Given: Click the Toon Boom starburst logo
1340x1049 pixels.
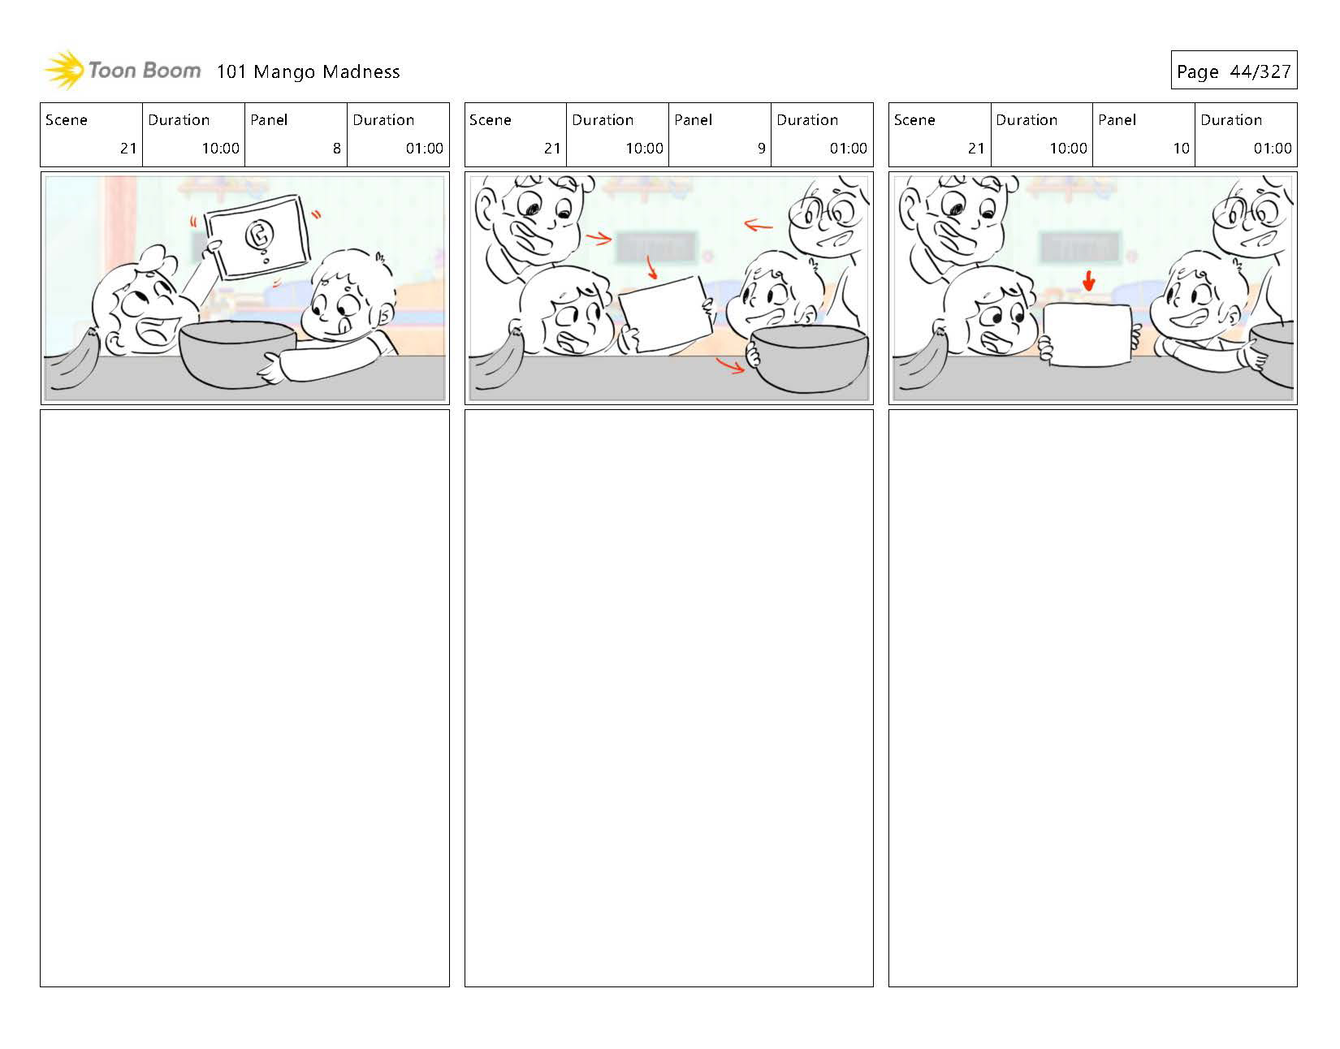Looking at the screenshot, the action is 64,70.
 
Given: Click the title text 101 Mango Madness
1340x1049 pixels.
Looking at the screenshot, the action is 308,71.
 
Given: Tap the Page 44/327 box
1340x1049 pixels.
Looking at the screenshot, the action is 1234,70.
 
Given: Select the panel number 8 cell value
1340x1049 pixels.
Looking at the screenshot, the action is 336,148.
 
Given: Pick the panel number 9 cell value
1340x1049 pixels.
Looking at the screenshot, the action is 761,148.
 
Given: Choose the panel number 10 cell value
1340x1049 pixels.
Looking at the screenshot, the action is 1181,148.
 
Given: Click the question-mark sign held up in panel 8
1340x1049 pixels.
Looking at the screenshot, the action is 257,236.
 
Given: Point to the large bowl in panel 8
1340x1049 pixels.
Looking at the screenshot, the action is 237,354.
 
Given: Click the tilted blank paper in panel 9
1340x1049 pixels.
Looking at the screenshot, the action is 666,314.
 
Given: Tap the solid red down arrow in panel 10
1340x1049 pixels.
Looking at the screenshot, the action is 1089,281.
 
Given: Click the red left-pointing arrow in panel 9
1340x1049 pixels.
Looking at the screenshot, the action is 758,226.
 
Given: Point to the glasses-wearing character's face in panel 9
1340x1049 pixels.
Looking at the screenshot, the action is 829,222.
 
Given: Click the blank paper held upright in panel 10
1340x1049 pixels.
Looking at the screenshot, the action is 1088,335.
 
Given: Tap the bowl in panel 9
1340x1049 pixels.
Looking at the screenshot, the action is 809,360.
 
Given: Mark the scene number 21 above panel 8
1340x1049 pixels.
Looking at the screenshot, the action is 128,148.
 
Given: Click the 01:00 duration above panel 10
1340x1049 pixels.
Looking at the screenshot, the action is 1272,148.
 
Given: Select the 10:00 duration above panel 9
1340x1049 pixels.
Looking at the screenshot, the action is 644,148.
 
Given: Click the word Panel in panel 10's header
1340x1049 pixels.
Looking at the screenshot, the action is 1117,119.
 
